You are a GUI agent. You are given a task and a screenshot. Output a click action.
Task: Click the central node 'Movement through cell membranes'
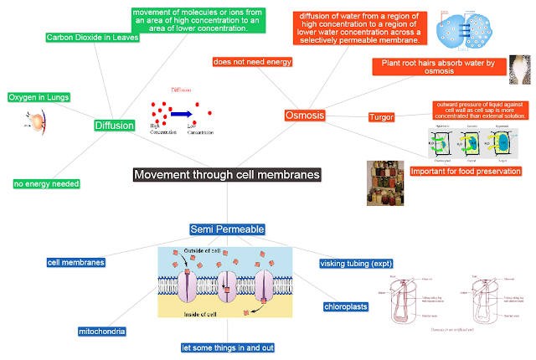[x=226, y=175]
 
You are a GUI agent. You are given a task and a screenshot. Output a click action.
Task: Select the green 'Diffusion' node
[x=114, y=126]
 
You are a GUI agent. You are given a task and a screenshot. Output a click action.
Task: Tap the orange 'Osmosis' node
[x=304, y=116]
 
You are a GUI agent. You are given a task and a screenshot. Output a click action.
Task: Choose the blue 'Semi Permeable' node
[x=227, y=229]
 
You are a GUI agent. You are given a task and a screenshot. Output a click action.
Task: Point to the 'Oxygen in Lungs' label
[x=38, y=97]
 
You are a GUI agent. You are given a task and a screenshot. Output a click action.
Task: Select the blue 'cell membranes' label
[x=76, y=263]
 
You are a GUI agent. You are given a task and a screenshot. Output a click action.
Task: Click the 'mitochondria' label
[x=102, y=332]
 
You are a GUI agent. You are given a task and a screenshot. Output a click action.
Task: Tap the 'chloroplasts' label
[x=347, y=306]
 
